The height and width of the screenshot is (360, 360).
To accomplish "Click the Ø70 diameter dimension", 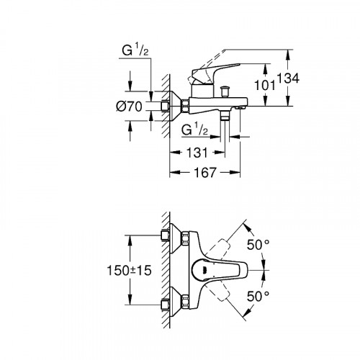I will click(x=130, y=106).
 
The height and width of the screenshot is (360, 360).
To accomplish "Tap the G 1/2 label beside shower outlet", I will click(x=194, y=130).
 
